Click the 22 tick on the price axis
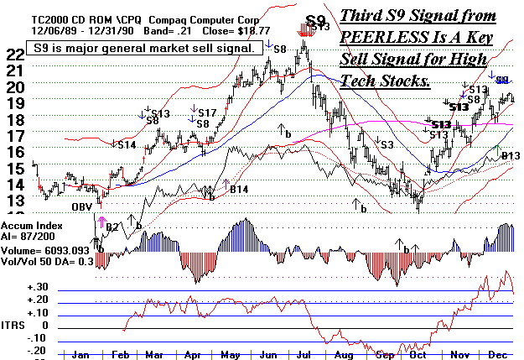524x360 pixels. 15,53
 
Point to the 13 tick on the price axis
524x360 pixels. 15,201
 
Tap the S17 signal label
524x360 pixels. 208,112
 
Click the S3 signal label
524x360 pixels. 387,145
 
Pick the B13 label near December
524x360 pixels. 511,155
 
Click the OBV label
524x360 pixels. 80,206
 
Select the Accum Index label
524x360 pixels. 32,226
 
